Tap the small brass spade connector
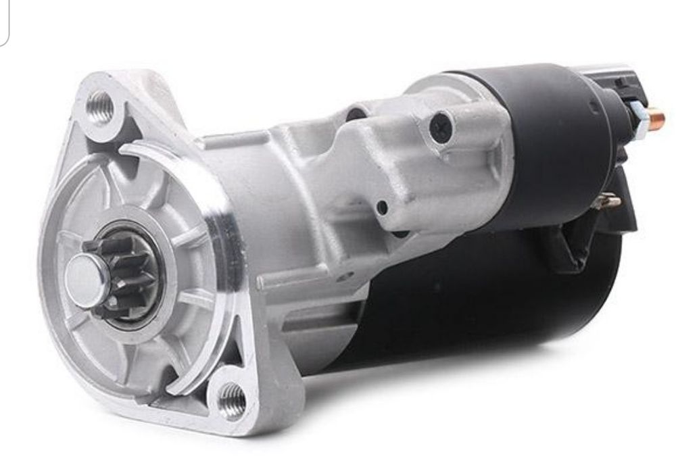point(612,201)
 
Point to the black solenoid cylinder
point(541,135)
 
